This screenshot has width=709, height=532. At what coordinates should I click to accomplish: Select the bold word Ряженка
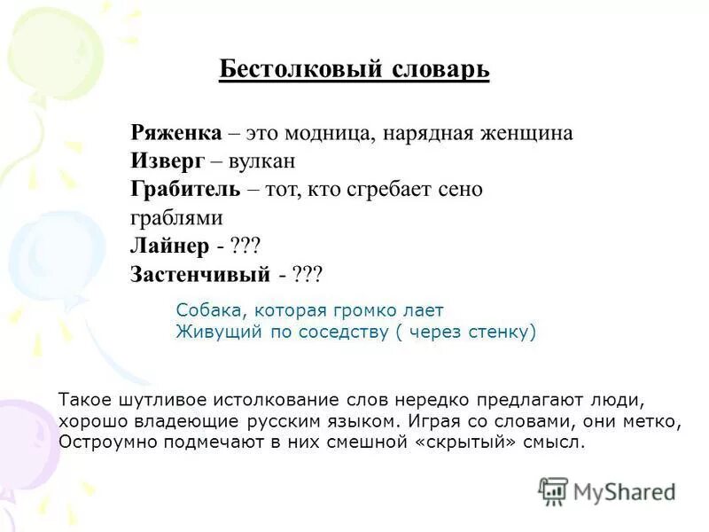[x=175, y=133]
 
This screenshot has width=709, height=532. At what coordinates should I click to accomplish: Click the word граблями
[x=175, y=218]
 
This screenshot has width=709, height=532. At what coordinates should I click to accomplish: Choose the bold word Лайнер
[x=168, y=246]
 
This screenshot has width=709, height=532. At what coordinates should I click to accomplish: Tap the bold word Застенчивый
[x=199, y=275]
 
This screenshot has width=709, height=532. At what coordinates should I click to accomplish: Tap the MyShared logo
[x=607, y=490]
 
